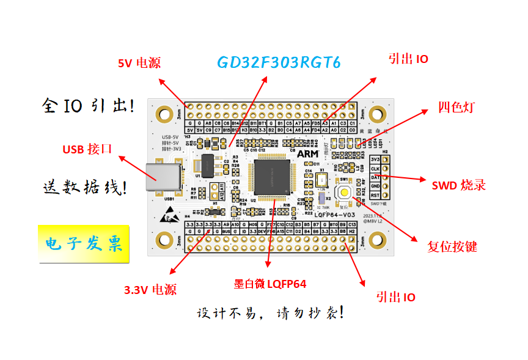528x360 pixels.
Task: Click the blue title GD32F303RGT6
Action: tap(278, 63)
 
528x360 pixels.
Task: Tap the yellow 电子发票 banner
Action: tap(84, 244)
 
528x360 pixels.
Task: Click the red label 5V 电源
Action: tap(139, 63)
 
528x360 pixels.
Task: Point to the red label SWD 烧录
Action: tap(459, 185)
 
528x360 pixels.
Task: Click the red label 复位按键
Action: tap(452, 247)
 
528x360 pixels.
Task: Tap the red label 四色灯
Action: tap(456, 108)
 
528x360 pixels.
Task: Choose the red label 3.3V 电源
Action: tap(150, 290)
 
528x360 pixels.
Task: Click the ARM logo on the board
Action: tap(307, 155)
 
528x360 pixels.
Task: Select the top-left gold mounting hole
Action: tap(164, 113)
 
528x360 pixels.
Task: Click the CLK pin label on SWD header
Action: tap(376, 168)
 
